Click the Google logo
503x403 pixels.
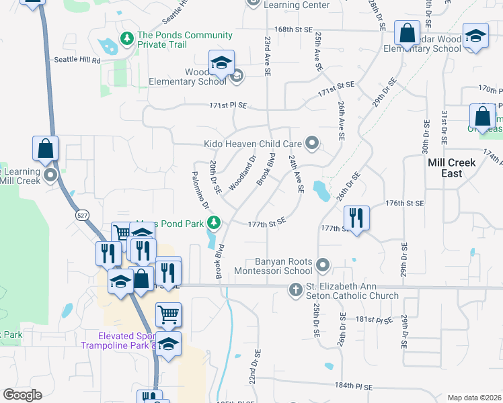pyautogui.click(x=22, y=395)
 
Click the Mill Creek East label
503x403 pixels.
pyautogui.click(x=451, y=168)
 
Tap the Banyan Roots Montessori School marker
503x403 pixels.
pyautogui.click(x=323, y=265)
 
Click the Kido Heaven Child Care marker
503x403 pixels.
pyautogui.click(x=311, y=143)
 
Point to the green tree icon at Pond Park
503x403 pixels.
pyautogui.click(x=214, y=222)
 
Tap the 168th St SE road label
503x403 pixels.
pyautogui.click(x=295, y=30)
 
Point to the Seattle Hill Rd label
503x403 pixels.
pyautogui.click(x=77, y=60)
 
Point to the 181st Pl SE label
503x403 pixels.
pyautogui.click(x=374, y=320)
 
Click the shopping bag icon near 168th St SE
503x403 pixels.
pyautogui.click(x=407, y=32)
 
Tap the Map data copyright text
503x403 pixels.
pyautogui.click(x=474, y=398)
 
